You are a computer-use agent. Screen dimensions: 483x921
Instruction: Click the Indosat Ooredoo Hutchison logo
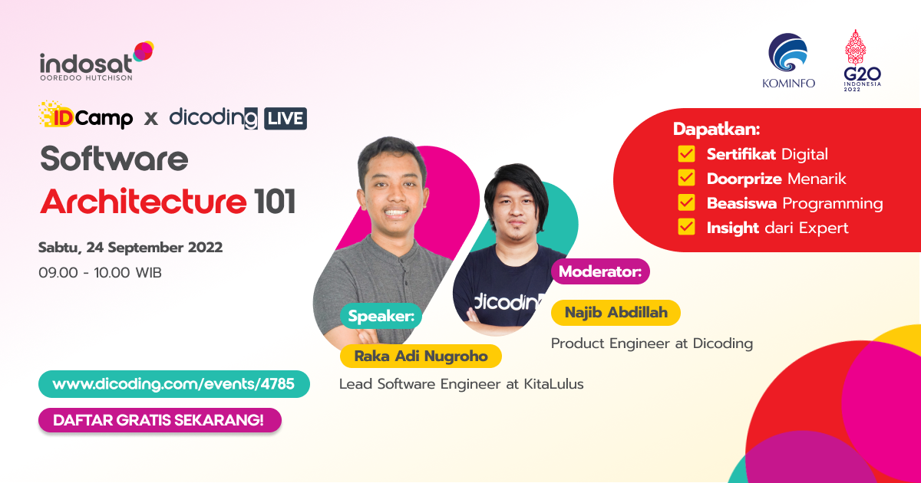click(96, 62)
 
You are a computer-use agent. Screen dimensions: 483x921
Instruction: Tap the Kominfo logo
click(788, 61)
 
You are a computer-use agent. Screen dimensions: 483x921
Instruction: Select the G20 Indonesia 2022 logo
click(862, 61)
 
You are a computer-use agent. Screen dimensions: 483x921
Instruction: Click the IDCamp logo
click(85, 117)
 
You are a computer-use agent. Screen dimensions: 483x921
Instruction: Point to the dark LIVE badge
click(285, 118)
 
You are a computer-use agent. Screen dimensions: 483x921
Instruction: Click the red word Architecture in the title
click(144, 202)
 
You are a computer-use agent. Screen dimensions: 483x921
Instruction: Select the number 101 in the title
click(274, 202)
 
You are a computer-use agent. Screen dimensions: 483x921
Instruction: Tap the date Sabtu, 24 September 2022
click(130, 248)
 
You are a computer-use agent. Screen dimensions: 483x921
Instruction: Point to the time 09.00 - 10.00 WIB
click(100, 272)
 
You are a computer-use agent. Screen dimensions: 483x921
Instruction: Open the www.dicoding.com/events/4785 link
click(173, 384)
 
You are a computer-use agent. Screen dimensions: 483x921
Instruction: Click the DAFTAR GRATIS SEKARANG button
click(160, 420)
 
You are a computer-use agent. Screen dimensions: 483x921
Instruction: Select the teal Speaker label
click(381, 316)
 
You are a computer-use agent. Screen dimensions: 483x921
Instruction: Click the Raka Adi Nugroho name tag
click(420, 356)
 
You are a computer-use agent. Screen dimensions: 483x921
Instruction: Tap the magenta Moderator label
click(600, 271)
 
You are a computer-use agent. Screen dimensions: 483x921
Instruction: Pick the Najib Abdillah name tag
click(616, 312)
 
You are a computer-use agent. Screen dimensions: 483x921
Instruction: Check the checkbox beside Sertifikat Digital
click(686, 154)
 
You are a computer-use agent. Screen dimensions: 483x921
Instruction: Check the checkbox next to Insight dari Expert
click(686, 227)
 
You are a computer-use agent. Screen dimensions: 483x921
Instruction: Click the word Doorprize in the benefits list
click(744, 179)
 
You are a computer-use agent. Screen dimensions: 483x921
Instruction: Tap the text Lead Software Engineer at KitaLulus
click(461, 384)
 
